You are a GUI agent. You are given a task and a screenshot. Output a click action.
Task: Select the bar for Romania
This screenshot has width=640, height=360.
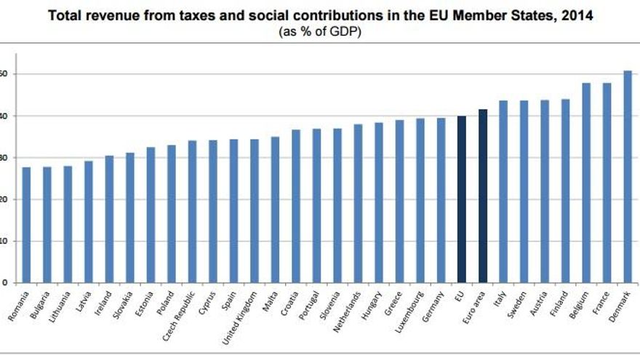pos(26,225)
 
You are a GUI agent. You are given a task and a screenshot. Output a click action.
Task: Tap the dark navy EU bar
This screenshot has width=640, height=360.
pos(461,199)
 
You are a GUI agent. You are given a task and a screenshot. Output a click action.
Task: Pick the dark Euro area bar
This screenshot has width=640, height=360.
pos(482,196)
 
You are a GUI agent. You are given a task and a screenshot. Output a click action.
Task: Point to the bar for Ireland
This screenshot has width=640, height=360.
pos(109,219)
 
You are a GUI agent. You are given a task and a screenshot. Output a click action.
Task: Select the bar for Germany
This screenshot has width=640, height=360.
pos(441,200)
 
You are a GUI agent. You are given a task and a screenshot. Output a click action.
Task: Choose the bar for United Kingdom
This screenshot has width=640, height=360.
pos(254,211)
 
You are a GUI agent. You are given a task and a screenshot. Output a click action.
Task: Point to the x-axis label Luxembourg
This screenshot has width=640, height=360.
pos(412,311)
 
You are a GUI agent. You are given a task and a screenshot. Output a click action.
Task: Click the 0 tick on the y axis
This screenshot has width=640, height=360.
pos(4,283)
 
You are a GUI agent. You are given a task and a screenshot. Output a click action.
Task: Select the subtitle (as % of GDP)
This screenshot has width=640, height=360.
pos(320,32)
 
